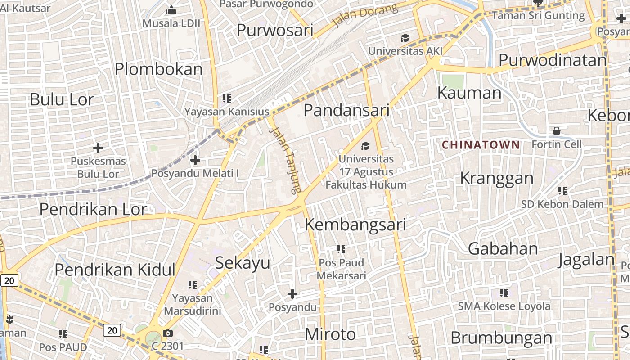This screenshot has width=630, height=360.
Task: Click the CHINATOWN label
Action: [481, 145]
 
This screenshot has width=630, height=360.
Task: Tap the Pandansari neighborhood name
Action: [346, 110]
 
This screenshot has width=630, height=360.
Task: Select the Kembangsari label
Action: [355, 225]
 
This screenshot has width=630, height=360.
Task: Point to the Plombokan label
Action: [159, 69]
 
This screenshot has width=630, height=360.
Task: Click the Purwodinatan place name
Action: [553, 60]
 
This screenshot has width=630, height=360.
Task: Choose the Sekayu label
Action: [243, 263]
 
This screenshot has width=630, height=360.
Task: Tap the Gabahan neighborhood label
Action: [503, 248]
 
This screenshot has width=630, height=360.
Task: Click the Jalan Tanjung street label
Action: [285, 160]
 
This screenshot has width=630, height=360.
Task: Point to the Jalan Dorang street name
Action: [365, 15]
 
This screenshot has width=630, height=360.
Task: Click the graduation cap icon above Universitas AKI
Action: [405, 38]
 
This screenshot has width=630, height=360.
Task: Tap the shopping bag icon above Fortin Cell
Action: [557, 131]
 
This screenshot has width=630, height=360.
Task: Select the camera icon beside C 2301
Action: [168, 333]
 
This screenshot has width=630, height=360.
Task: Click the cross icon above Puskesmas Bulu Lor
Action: [98, 148]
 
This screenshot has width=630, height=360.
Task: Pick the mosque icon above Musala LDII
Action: [172, 10]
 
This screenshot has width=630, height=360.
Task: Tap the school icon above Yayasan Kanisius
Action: [226, 98]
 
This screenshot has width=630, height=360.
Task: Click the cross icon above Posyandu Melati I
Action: [195, 160]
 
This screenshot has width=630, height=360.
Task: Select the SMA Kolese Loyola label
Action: [504, 306]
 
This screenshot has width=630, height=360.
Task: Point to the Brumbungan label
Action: [501, 338]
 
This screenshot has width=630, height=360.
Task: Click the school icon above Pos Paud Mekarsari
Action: [341, 249]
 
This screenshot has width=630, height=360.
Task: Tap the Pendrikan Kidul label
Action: [115, 270]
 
